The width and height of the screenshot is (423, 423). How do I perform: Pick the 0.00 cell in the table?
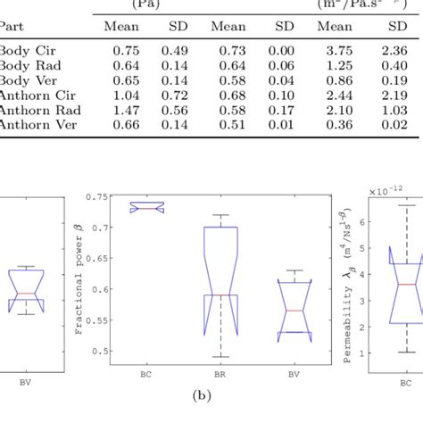click(x=282, y=52)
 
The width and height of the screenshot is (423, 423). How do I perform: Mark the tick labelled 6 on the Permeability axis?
click(x=376, y=220)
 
